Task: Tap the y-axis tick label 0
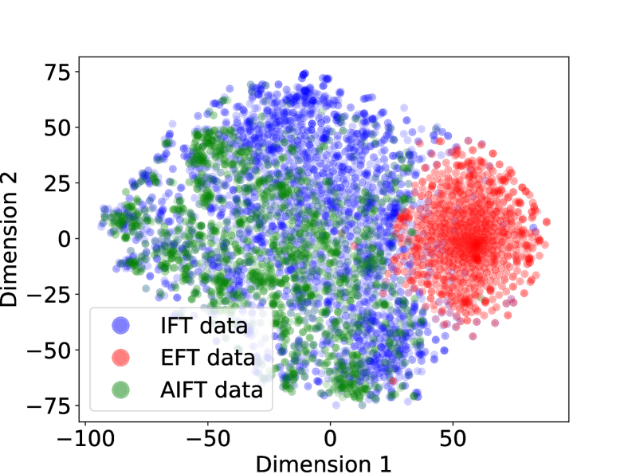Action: [64, 238]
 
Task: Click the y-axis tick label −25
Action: [49, 294]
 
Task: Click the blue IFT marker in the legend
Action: [120, 325]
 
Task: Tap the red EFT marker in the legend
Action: [120, 358]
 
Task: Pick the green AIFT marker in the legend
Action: [120, 390]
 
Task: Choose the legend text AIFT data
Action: [210, 390]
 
